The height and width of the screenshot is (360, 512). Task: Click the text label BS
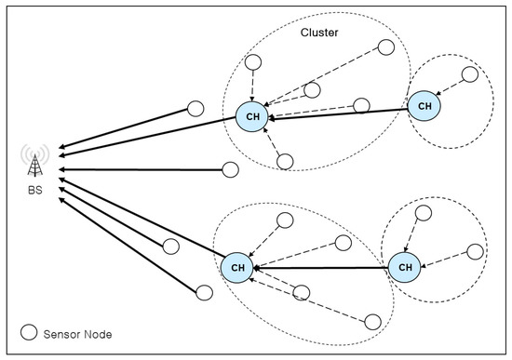tap(35, 194)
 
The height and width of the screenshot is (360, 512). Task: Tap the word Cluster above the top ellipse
tap(319, 33)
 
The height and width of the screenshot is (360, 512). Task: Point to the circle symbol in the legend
tap(30, 332)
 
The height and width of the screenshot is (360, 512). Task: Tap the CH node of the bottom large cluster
tap(236, 268)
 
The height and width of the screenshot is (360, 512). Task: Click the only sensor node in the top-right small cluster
tap(471, 73)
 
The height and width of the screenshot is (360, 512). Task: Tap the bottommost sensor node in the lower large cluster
tap(372, 322)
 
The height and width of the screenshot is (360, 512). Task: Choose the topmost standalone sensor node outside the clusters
tap(195, 108)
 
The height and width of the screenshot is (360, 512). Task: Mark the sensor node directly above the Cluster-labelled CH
tap(252, 64)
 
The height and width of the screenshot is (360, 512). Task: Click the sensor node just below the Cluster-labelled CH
tap(286, 161)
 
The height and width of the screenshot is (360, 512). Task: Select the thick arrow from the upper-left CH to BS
tap(149, 133)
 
